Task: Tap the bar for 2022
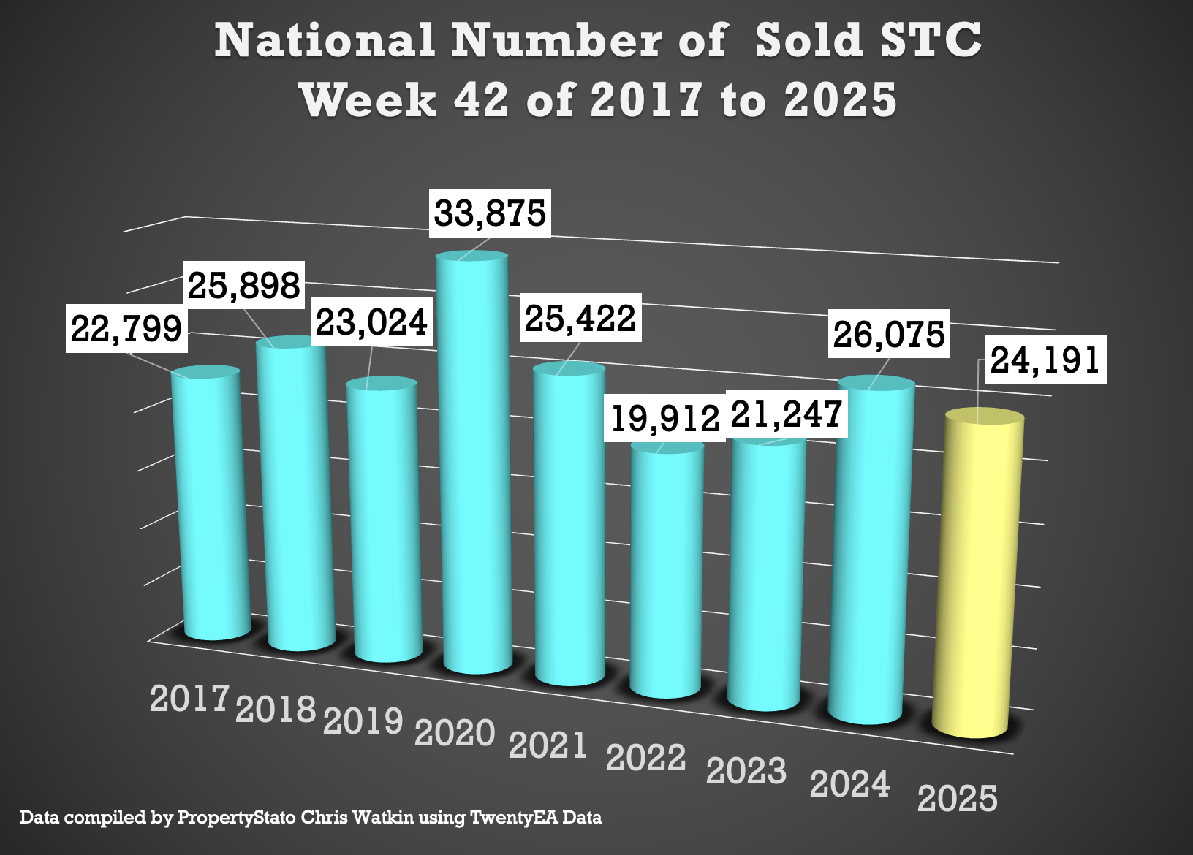[x=666, y=570]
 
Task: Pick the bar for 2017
[x=211, y=504]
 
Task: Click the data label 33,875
[x=490, y=213]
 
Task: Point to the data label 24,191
[x=1045, y=360]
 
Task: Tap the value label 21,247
[x=787, y=414]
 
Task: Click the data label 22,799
[x=126, y=328]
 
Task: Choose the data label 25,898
[x=244, y=285]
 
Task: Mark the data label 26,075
[x=889, y=335]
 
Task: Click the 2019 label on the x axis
[x=363, y=721]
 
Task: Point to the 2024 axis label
[x=850, y=785]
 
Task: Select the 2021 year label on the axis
[x=548, y=746]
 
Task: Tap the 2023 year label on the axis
[x=746, y=771]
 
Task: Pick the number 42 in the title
[x=480, y=99]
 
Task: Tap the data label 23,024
[x=371, y=322]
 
